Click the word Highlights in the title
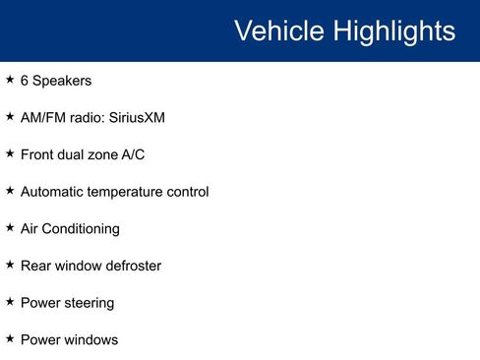[x=394, y=30]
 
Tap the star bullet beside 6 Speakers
[x=10, y=79]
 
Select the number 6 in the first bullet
[x=25, y=81]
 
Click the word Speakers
[x=62, y=81]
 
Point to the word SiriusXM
[x=138, y=118]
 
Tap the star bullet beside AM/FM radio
[x=10, y=116]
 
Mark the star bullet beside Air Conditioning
[x=10, y=227]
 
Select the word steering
[x=88, y=303]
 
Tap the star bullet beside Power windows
[x=10, y=338]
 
